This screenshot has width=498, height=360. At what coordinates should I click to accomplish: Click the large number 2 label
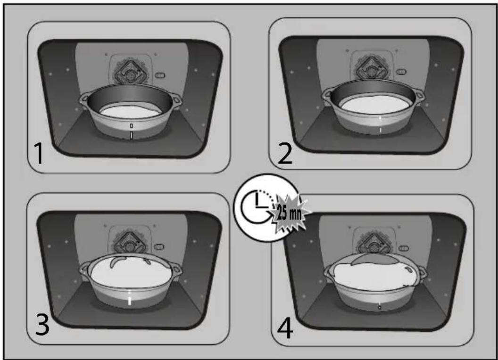(285, 153)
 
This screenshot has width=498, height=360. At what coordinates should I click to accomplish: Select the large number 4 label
(285, 328)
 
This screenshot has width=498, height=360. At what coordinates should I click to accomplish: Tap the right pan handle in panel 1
(176, 100)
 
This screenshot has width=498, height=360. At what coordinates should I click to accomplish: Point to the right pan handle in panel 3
(176, 272)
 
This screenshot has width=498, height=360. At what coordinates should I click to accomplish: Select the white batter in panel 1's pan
(130, 112)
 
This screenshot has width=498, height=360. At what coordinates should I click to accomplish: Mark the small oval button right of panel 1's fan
(160, 75)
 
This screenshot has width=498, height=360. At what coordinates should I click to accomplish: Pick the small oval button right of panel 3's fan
(159, 246)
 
